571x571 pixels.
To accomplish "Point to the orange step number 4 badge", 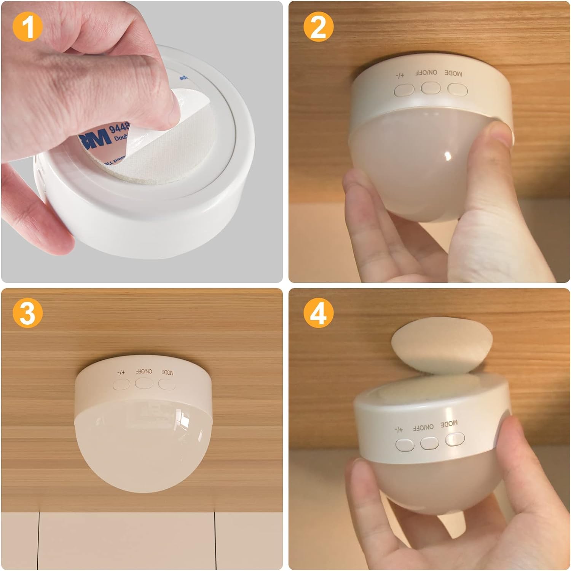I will pyautogui.click(x=319, y=313).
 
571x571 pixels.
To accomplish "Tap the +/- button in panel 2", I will pyautogui.click(x=404, y=90).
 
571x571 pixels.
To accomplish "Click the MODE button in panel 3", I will pyautogui.click(x=167, y=384).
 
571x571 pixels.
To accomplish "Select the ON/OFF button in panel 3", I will pyautogui.click(x=144, y=383).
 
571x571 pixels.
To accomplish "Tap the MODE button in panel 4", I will pyautogui.click(x=455, y=439).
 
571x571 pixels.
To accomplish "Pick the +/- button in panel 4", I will pyautogui.click(x=405, y=444).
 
